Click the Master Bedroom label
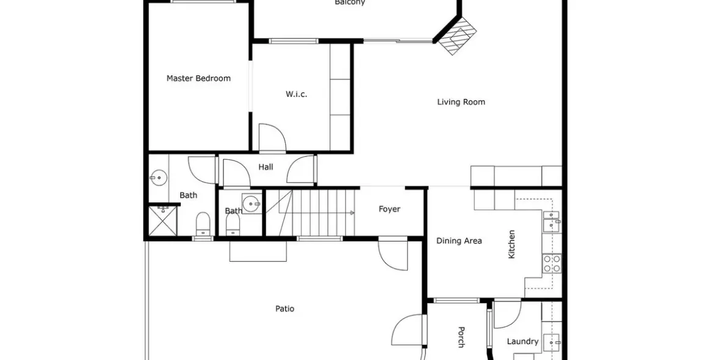[198, 78]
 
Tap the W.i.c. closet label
[296, 94]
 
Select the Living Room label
[461, 102]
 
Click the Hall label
[265, 167]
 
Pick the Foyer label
[389, 209]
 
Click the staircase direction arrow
[351, 213]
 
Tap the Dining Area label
[459, 240]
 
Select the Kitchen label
[511, 243]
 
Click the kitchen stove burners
[552, 263]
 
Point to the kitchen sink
[552, 220]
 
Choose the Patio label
[284, 308]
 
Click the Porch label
[461, 337]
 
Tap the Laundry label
[522, 341]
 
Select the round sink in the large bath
[157, 178]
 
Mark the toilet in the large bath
[203, 225]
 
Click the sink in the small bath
[250, 202]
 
